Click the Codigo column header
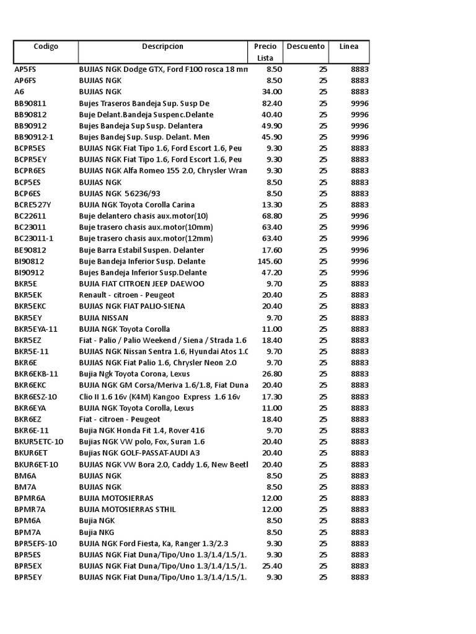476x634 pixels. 46,46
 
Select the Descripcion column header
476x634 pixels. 162,46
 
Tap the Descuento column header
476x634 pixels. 305,46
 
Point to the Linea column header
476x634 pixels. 348,46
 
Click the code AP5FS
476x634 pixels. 25,69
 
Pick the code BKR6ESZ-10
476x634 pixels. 35,397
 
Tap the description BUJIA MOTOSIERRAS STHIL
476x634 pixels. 127,510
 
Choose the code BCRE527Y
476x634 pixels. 33,205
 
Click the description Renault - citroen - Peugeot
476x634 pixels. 127,295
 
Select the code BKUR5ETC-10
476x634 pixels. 38,442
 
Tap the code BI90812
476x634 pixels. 29,261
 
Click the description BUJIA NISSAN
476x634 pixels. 104,318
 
